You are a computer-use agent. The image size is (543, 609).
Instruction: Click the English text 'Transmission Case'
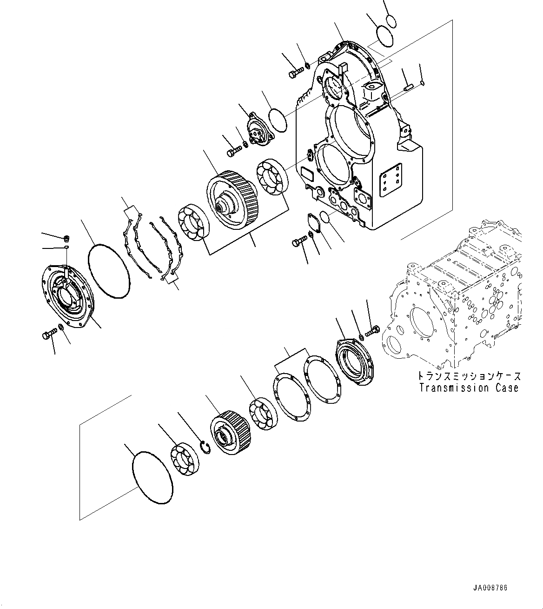click(x=469, y=388)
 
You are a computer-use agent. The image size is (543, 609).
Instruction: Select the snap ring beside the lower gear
click(x=205, y=447)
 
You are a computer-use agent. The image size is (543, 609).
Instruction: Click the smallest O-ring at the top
click(x=391, y=21)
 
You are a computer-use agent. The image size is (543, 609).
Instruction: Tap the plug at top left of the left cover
click(x=66, y=239)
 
